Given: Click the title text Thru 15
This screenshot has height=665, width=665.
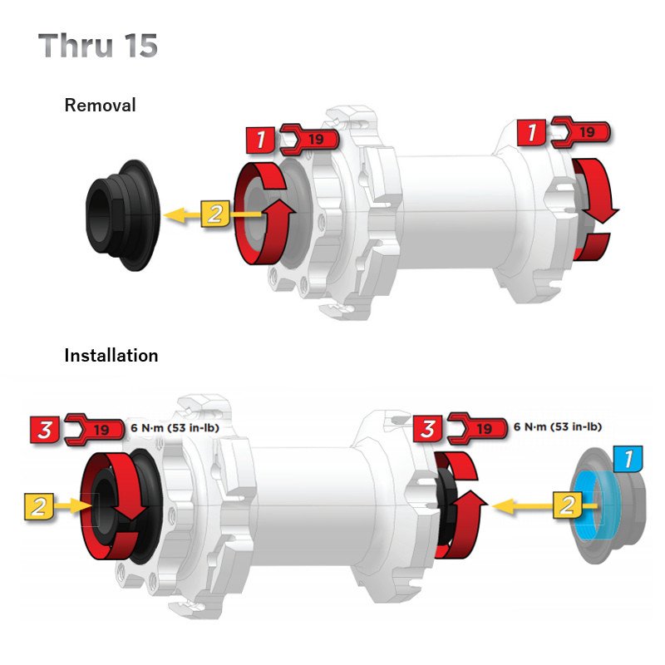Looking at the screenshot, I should click(98, 46).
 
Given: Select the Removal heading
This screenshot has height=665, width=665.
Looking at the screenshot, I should click(100, 106).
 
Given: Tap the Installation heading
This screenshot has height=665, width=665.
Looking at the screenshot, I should click(111, 355).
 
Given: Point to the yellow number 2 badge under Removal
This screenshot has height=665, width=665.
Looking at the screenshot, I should click(214, 214).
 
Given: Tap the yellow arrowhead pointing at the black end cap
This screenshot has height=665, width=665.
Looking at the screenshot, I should click(174, 215).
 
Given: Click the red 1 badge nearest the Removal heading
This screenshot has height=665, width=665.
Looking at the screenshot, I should click(261, 140).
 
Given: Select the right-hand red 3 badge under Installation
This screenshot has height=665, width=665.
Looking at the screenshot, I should click(427, 429).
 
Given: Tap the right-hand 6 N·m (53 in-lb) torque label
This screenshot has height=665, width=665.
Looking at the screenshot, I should click(557, 426).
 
